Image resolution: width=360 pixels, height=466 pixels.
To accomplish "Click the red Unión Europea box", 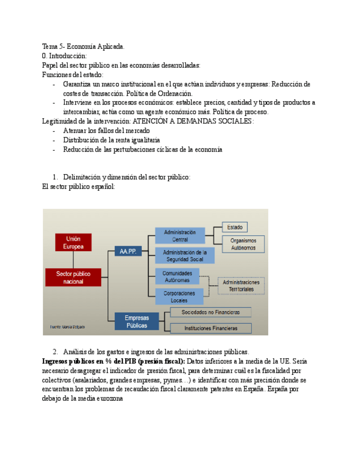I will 73,242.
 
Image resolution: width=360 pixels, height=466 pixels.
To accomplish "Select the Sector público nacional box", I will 73,277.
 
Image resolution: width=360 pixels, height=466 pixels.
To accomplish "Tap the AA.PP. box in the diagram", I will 128,251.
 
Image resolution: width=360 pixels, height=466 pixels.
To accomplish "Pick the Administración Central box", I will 180,236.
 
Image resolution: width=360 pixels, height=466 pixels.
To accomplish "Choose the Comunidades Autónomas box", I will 176,276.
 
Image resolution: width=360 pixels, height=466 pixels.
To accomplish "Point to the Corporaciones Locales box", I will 179,297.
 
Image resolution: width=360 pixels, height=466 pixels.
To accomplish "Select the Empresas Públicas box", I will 136,321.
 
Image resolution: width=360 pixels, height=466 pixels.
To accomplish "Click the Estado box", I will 235,226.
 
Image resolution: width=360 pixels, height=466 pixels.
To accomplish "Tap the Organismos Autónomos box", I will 243,244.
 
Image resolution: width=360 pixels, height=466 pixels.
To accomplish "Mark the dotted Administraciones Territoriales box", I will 241,285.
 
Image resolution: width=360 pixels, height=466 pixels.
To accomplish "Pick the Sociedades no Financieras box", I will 211,312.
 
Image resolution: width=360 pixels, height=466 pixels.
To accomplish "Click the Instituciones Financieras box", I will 211,328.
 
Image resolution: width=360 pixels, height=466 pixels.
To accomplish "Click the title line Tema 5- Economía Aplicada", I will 83,47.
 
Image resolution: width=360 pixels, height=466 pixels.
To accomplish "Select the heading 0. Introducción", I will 64,56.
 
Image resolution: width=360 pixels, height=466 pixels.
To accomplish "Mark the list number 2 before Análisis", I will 56,352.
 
